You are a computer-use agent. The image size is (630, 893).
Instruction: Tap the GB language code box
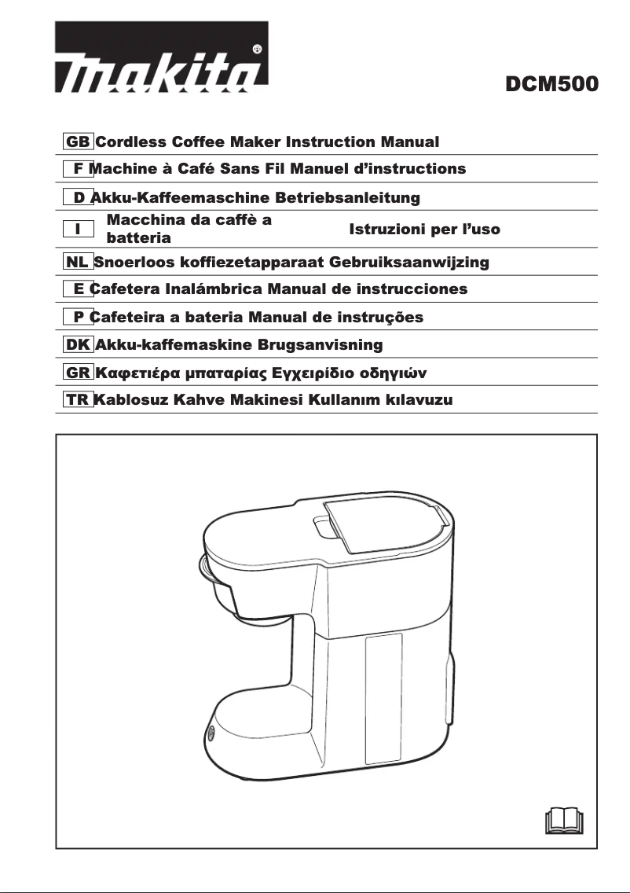click(78, 142)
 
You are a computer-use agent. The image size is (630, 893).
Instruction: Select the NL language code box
click(78, 262)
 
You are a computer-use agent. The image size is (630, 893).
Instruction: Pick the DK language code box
click(78, 344)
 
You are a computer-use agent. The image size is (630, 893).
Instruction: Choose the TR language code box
click(78, 399)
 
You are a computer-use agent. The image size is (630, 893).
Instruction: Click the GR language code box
click(78, 372)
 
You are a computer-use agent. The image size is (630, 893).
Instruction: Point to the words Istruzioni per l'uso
click(424, 230)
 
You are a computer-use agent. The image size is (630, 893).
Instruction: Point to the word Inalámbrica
click(212, 289)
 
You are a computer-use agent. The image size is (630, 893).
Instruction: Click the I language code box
click(78, 229)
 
